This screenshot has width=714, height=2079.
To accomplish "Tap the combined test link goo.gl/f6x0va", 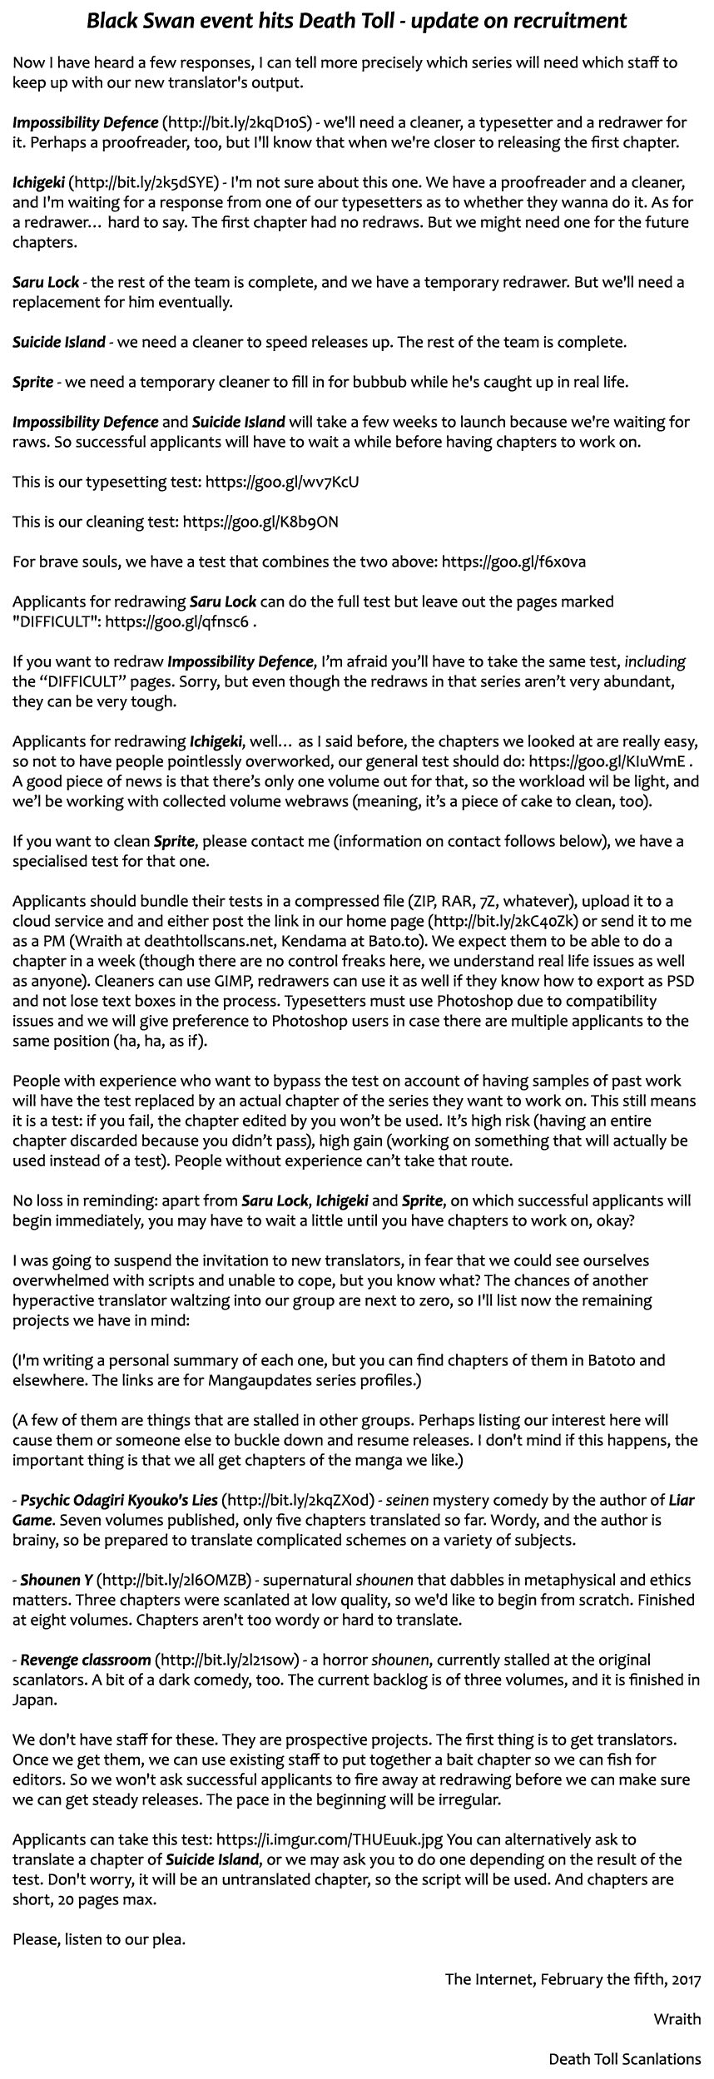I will (x=513, y=562).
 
